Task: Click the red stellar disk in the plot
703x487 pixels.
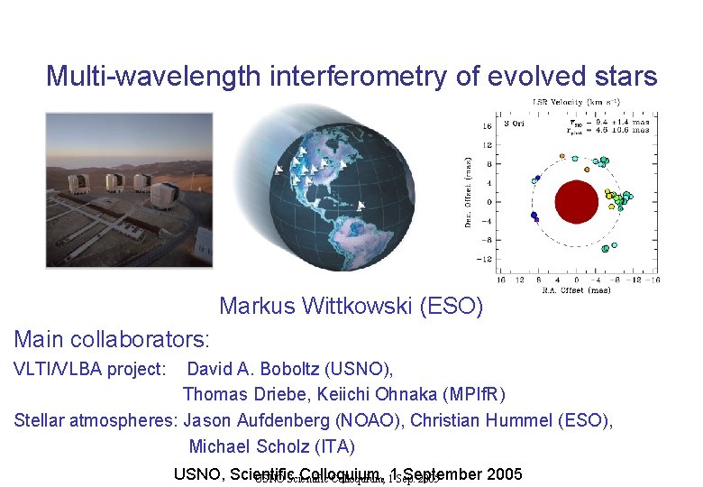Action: click(576, 200)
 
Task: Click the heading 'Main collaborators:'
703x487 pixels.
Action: click(112, 340)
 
